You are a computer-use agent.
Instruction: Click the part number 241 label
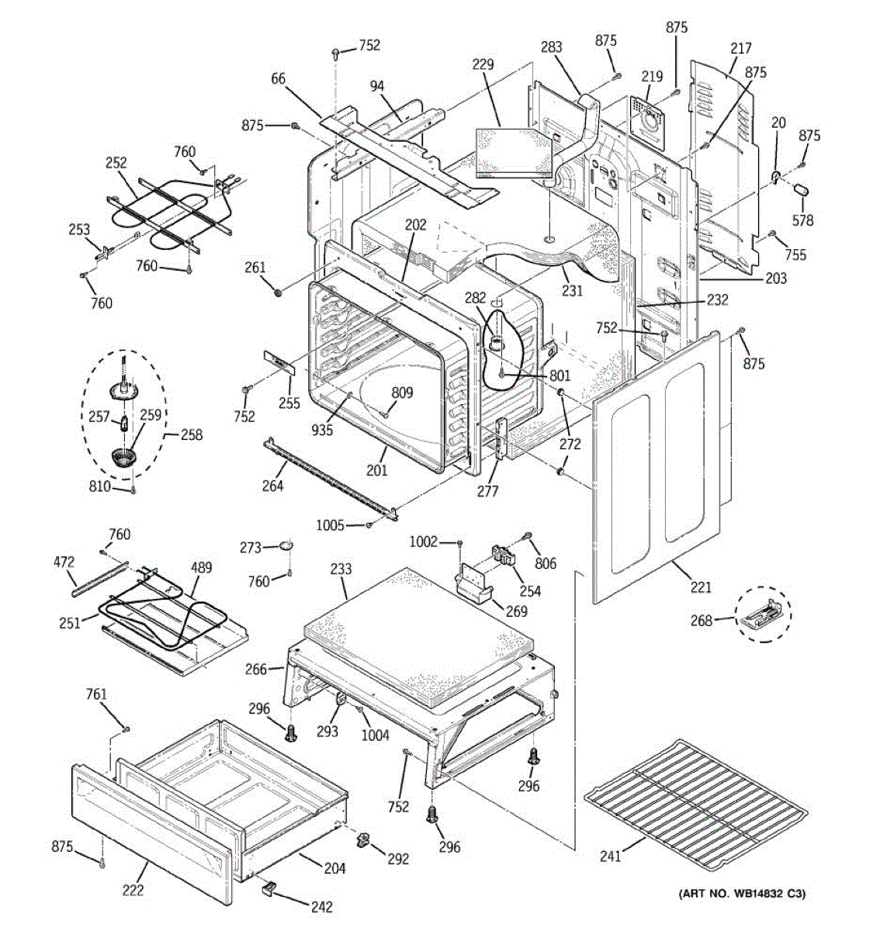(x=611, y=857)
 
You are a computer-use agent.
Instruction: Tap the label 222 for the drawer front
(x=133, y=890)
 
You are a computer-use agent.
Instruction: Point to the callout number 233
(x=341, y=569)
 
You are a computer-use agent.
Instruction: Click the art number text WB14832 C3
(x=743, y=895)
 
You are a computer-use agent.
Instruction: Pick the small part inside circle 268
(x=763, y=618)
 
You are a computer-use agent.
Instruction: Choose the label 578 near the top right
(x=803, y=220)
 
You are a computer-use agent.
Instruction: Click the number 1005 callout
(x=330, y=525)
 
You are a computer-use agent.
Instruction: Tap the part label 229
(x=483, y=64)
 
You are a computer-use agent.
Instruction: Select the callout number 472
(x=64, y=561)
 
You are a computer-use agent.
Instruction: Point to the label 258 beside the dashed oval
(x=191, y=435)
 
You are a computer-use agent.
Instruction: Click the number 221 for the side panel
(x=700, y=587)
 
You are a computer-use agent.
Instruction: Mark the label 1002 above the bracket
(x=424, y=542)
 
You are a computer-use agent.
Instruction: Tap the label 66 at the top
(x=278, y=78)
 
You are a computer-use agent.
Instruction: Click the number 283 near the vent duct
(x=551, y=48)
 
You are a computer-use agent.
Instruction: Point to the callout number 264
(x=272, y=486)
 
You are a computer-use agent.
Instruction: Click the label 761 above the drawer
(x=96, y=694)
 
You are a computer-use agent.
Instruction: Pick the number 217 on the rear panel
(x=741, y=48)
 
